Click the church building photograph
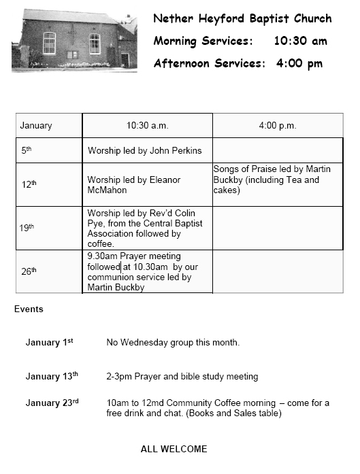click(73, 40)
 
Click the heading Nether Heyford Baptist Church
click(242, 18)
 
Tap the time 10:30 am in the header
click(300, 41)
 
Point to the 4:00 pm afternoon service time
click(299, 63)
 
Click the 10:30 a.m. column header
click(147, 126)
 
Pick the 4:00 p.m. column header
click(277, 126)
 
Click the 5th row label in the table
click(27, 150)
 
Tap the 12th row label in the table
click(29, 184)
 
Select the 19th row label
click(27, 228)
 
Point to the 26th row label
click(29, 271)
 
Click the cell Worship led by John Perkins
click(144, 150)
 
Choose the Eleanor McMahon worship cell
click(134, 185)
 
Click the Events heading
click(29, 309)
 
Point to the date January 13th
click(52, 376)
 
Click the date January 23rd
click(52, 403)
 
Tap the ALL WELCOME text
click(174, 449)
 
